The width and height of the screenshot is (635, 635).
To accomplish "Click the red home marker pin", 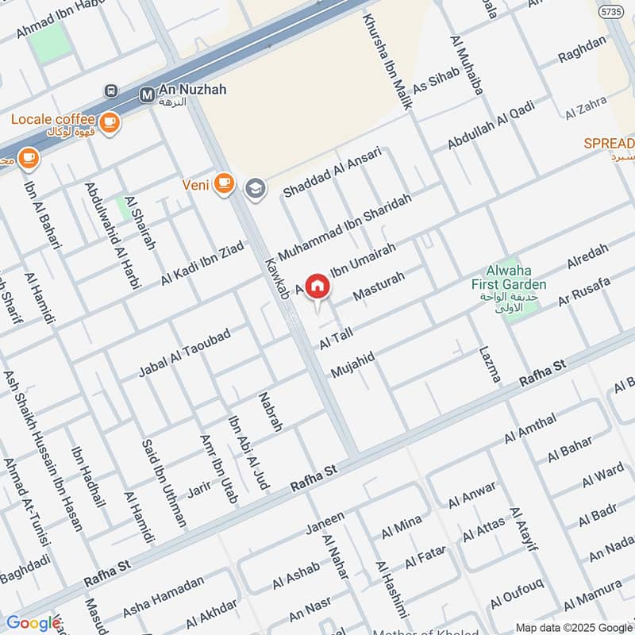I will click(x=317, y=287).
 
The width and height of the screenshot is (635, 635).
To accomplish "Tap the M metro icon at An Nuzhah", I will click(x=147, y=95).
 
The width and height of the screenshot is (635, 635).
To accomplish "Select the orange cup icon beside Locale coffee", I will click(x=110, y=122).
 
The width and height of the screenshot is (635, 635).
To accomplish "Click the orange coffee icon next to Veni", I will click(x=225, y=183).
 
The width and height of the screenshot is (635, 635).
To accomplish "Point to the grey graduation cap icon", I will click(x=254, y=187).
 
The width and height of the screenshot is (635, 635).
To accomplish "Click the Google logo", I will click(x=33, y=623).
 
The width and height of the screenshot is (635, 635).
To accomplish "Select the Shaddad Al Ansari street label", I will click(x=333, y=171).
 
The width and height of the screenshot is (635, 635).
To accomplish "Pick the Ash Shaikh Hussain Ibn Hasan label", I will click(x=48, y=452).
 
